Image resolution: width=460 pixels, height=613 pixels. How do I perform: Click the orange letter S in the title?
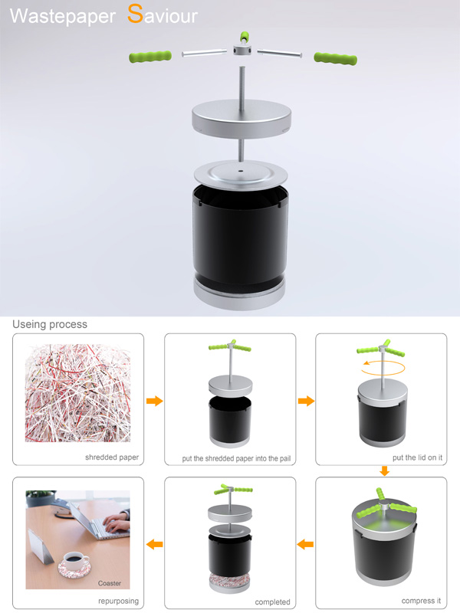[x=135, y=13]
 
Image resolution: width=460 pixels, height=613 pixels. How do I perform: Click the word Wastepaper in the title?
[x=63, y=16]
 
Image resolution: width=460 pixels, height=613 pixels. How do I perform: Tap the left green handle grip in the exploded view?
[x=150, y=56]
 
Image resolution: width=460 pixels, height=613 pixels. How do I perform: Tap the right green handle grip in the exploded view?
[x=335, y=59]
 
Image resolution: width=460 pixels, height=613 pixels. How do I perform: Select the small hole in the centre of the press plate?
[x=240, y=171]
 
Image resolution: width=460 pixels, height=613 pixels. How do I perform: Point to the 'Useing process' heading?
[x=50, y=324]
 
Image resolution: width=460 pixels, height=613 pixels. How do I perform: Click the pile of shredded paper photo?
[x=78, y=393]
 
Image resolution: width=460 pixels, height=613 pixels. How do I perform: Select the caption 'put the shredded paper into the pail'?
[x=236, y=458]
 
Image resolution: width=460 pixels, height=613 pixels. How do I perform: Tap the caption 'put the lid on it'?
[x=417, y=457]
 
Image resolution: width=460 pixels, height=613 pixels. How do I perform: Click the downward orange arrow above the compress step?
[x=385, y=470]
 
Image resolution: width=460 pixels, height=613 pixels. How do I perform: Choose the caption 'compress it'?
[x=421, y=601]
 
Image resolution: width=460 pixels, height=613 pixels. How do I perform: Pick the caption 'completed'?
[x=273, y=602]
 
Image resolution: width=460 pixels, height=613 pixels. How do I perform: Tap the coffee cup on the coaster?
[x=75, y=560]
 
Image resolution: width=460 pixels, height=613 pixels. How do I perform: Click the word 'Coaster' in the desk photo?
[x=109, y=583]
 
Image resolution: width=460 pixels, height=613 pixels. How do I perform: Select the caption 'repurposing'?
[x=119, y=601]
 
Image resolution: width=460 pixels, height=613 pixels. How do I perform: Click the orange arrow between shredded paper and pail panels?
[x=155, y=401]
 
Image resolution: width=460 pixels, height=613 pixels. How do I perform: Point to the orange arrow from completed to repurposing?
[x=155, y=544]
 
